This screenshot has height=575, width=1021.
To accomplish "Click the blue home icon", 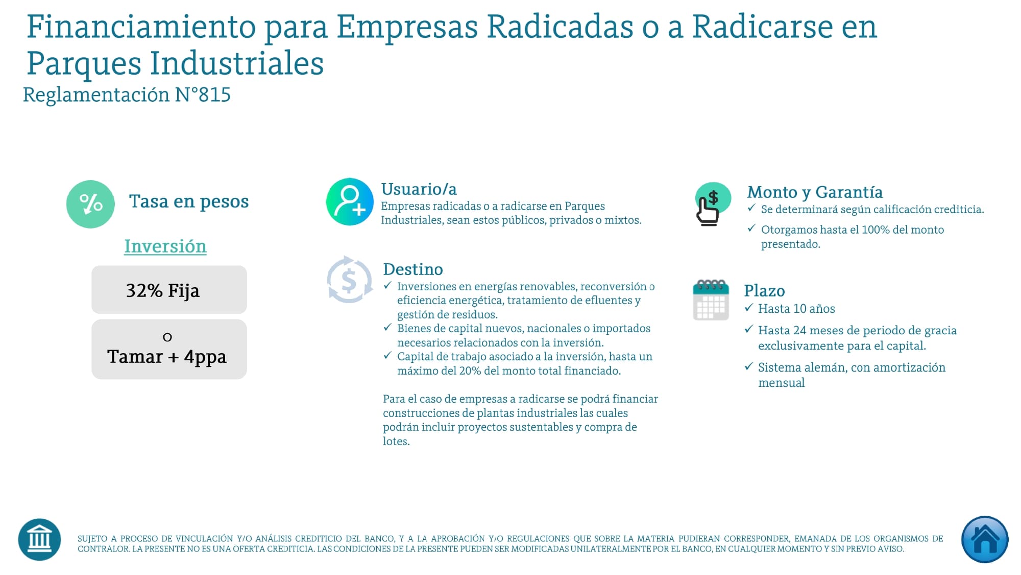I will point(984,539).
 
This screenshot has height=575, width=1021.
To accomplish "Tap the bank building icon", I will point(39,539).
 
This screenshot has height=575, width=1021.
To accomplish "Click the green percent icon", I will point(90,204).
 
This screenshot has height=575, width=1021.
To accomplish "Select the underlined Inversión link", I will point(165,246).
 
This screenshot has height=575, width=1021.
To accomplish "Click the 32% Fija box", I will point(169,290).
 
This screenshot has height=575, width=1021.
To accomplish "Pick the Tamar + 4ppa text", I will point(167,356).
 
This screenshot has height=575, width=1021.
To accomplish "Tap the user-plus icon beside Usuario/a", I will point(350,202).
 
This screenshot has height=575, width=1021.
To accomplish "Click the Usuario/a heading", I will point(419,189).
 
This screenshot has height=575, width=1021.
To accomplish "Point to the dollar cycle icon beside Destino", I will point(349,280).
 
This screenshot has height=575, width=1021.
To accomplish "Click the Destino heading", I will point(412,269).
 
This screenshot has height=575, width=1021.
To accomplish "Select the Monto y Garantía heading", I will point(815,192).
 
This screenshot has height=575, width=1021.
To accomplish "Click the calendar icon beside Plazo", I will point(711,300).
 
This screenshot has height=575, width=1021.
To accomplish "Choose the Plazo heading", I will point(764,291).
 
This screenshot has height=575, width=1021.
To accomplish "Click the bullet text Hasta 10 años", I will point(796,309).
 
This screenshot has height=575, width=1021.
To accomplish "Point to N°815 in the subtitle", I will point(203,95).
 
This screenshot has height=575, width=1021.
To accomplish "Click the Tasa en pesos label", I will point(189,201).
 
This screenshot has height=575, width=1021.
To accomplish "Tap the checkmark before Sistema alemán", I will point(749,366).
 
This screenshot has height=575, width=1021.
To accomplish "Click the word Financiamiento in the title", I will point(141,27).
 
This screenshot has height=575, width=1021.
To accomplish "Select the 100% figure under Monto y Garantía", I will point(875,230).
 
